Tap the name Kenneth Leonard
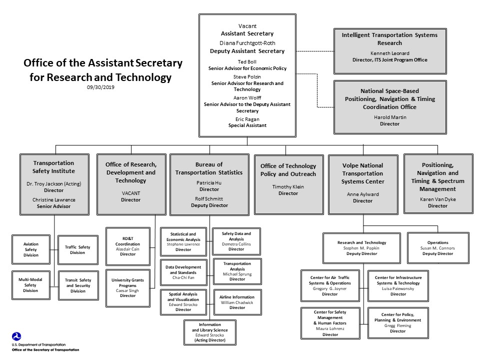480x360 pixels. pyautogui.click(x=389, y=53)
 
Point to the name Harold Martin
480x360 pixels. pyautogui.click(x=389, y=117)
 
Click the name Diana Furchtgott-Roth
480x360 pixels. pyautogui.click(x=247, y=42)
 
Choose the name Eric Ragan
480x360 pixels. pyautogui.click(x=247, y=119)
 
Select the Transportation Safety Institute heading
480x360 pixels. pyautogui.click(x=53, y=167)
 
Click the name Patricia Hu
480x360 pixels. pyautogui.click(x=209, y=183)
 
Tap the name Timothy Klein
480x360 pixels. pyautogui.click(x=288, y=186)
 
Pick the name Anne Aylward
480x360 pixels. pyautogui.click(x=363, y=194)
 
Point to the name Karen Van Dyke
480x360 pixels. pyautogui.click(x=437, y=199)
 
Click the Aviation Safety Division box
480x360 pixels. pyautogui.click(x=30, y=249)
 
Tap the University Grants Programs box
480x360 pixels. pyautogui.click(x=127, y=287)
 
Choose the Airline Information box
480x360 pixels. pyautogui.click(x=237, y=302)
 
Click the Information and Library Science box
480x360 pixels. pyautogui.click(x=210, y=332)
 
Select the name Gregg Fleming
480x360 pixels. pyautogui.click(x=398, y=325)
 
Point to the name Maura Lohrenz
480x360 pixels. pyautogui.click(x=330, y=328)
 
